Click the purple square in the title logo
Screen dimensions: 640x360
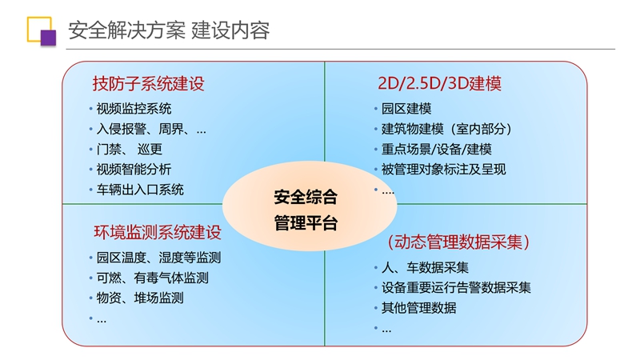48,38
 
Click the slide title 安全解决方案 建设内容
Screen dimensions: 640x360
169,30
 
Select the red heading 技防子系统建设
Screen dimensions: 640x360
148,84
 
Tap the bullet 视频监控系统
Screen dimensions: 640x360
134,109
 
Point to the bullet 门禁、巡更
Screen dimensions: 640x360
130,149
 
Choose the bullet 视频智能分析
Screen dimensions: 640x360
134,170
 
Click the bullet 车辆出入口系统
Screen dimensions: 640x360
140,190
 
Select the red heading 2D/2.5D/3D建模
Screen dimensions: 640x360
439,83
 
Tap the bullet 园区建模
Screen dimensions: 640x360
406,109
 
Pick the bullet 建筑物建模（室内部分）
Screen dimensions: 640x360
446,129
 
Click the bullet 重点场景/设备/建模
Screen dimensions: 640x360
436,149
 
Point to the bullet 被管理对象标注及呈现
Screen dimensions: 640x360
444,170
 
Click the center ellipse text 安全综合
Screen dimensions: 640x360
306,197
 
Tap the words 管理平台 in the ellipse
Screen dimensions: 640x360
306,223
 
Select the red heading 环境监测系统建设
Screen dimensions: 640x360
158,232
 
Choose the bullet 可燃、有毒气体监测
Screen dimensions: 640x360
153,278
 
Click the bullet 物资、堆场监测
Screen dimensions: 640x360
140,298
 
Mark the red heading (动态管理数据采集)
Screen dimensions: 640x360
458,242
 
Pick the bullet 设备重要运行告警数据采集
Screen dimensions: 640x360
456,288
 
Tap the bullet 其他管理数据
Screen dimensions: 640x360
418,308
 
